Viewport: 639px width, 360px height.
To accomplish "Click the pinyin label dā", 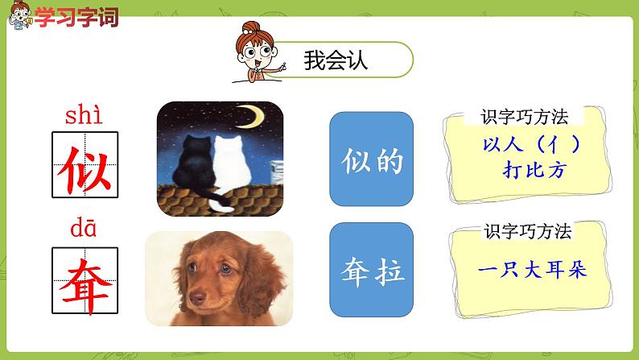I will click(x=83, y=231).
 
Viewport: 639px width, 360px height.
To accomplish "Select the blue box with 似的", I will click(x=371, y=159).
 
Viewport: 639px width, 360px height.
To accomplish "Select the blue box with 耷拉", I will click(x=371, y=270).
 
